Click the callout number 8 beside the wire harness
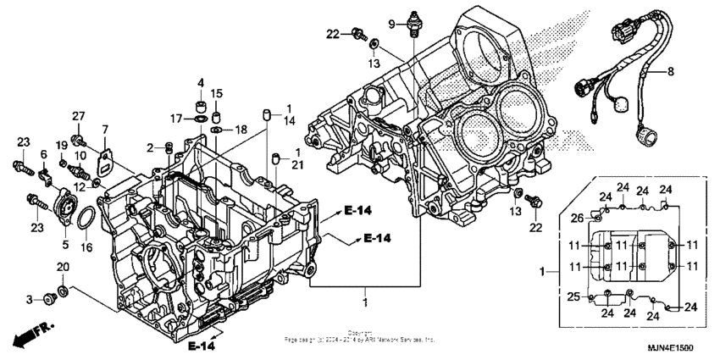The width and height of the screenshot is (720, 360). pos(670,73)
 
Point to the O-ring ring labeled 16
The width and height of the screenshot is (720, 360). pos(86,224)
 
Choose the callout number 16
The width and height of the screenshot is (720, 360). pos(86,247)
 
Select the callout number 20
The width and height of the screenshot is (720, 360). pos(62,268)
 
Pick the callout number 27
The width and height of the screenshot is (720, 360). pos(78,116)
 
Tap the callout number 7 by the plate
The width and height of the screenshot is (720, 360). pos(105,130)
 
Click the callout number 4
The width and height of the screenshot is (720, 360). pos(201,82)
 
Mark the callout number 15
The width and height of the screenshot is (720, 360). pos(217,93)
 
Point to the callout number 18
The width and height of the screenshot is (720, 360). pos(241,130)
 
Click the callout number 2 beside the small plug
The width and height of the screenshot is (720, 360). pos(149,147)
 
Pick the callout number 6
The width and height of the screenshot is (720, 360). pos(42,154)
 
